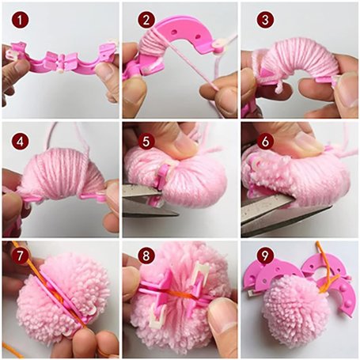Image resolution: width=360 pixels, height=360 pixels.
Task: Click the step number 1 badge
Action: click(20, 20)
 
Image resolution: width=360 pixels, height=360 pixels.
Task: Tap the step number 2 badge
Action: click(146, 20)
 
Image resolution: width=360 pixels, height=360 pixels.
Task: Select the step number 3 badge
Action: click(265, 20)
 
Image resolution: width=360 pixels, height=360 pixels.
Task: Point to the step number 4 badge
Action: click(20, 142)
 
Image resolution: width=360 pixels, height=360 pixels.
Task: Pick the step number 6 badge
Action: click(265, 142)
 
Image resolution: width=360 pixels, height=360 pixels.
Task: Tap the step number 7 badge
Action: click(20, 256)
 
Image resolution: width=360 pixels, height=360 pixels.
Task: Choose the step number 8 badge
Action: click(146, 256)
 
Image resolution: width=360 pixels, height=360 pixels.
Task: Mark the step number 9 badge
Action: click(265, 256)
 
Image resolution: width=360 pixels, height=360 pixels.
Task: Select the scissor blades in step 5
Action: click(145, 202)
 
